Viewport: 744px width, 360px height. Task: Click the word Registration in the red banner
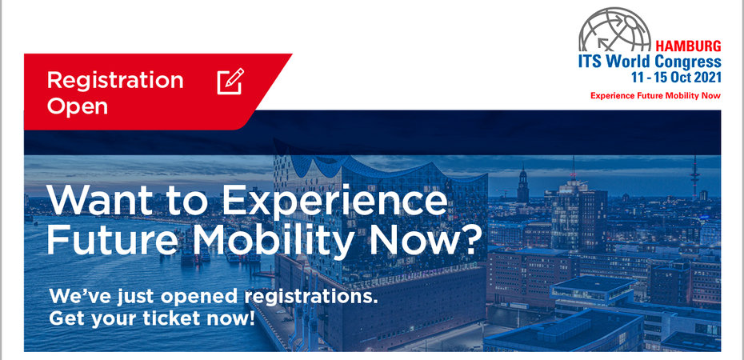[x=115, y=81]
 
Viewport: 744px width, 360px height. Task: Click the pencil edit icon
[x=230, y=81]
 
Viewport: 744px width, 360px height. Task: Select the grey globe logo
[x=615, y=30]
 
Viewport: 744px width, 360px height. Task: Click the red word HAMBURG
[x=688, y=46]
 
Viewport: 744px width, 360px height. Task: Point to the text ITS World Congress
[x=650, y=62]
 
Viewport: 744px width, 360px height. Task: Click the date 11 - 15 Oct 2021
[x=676, y=78]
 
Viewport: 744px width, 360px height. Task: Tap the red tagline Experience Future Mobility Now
[x=655, y=96]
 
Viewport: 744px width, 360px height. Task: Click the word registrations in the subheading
[x=310, y=297]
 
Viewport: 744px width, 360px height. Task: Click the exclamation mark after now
[x=251, y=318]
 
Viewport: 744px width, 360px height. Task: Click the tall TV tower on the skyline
[x=694, y=177]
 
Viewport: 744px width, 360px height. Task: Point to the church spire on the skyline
[x=523, y=183]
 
